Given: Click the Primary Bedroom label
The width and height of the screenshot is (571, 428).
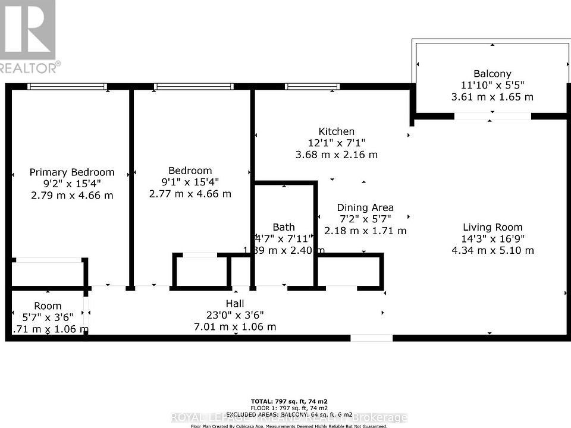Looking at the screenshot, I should (x=72, y=172).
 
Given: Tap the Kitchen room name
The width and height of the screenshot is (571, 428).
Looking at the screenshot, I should (x=336, y=131).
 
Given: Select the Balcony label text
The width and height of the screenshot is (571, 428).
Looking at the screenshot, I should (x=492, y=74).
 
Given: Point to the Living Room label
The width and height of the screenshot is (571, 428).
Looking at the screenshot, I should (x=492, y=227).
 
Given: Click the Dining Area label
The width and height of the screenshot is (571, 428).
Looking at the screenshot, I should (x=365, y=207).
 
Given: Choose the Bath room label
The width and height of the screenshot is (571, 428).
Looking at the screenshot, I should (x=284, y=227).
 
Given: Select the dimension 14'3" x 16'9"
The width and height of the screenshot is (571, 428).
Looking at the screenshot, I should (x=492, y=238).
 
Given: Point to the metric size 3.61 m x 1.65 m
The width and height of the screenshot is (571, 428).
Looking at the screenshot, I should (x=492, y=96).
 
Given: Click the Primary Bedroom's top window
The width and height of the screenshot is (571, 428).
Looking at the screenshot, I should (x=67, y=87).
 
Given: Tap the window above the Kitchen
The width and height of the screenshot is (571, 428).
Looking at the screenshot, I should (x=312, y=87).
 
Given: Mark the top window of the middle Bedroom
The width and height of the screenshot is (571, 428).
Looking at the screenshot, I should (x=193, y=87).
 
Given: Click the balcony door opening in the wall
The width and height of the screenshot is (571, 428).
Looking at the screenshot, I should (x=492, y=117).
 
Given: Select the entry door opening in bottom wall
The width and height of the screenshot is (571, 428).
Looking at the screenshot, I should (x=371, y=338).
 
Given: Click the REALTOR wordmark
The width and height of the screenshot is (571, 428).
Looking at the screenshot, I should (x=30, y=67).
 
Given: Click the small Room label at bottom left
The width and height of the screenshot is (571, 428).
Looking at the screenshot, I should (x=48, y=306).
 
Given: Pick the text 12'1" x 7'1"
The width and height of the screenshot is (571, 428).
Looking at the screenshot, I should (x=336, y=143).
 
